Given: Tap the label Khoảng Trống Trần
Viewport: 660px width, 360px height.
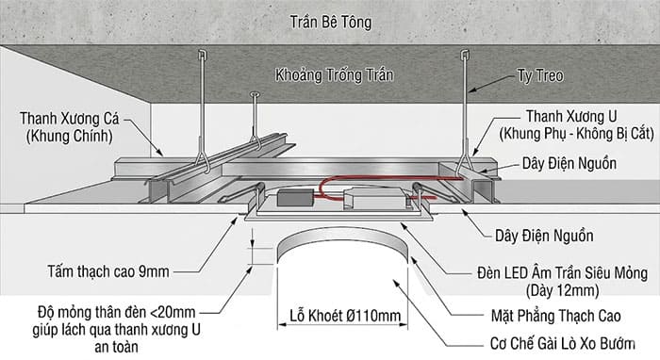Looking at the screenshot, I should pos(334,74).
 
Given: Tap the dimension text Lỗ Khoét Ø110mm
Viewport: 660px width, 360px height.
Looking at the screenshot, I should pos(344,318).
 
